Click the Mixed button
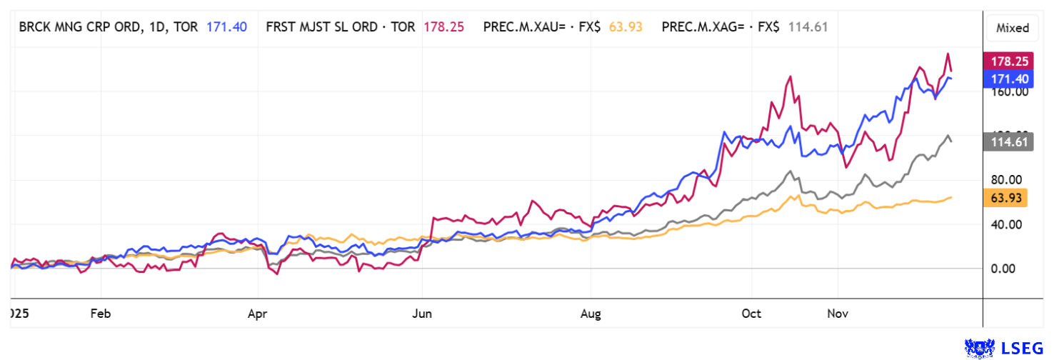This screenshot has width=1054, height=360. point(1013,28)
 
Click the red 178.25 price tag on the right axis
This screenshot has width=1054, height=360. point(1005,61)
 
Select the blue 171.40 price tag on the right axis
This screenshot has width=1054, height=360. point(1005,77)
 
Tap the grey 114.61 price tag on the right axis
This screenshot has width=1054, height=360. point(1005,141)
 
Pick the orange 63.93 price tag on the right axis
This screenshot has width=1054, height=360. point(1005,198)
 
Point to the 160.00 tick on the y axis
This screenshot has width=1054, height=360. point(1005,91)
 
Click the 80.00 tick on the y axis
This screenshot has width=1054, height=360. point(1005,180)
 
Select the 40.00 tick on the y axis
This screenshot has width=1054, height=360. point(1005,224)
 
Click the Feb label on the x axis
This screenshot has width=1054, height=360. point(101,313)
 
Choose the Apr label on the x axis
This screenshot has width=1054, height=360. point(258,313)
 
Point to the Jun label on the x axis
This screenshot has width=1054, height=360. point(423,313)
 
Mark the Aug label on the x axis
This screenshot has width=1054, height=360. point(591,313)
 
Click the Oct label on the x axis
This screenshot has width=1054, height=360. point(752,313)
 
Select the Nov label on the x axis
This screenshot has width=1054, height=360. point(837,313)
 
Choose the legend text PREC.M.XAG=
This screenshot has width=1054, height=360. point(703,27)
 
